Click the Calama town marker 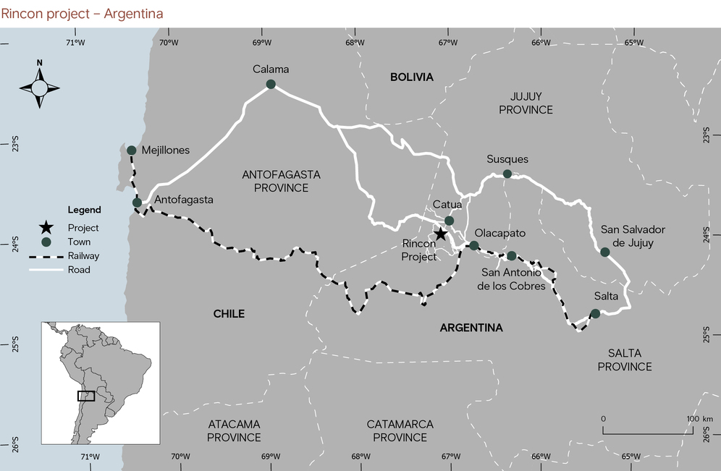click(271, 85)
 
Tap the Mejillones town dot click(132, 150)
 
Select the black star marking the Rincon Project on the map click(440, 234)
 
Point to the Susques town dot click(507, 174)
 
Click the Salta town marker click(595, 313)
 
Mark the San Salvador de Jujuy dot click(605, 252)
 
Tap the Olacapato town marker click(474, 246)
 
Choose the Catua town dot click(449, 221)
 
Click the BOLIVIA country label click(411, 77)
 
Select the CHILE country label click(229, 314)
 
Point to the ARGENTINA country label click(471, 328)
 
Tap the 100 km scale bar click(647, 433)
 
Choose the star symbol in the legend click(47, 228)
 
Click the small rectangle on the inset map click(86, 396)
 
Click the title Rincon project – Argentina click(82, 14)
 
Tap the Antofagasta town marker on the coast click(138, 203)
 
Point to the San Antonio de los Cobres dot click(512, 256)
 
